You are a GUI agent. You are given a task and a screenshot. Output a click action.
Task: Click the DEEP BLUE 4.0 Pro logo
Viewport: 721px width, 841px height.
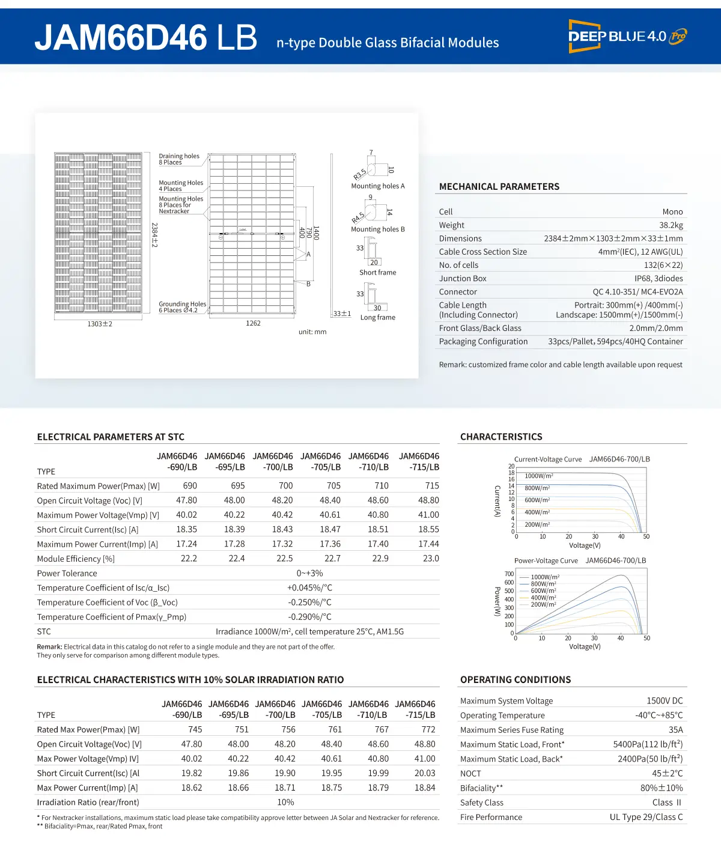(627, 36)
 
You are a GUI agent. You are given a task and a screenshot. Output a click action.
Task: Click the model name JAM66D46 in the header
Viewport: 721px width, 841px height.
(121, 37)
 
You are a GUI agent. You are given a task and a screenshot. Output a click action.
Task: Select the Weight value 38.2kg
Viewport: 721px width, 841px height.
(671, 225)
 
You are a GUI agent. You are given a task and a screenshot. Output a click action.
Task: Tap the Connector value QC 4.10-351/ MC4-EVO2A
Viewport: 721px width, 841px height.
(637, 292)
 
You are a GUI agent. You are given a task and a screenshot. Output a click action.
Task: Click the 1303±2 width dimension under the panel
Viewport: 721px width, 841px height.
(100, 324)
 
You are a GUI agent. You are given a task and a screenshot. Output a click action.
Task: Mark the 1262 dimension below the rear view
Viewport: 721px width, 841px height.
(253, 323)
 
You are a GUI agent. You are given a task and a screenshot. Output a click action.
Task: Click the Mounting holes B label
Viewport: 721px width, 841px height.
(377, 229)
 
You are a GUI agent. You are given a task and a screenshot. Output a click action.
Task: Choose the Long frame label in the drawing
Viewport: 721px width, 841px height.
(377, 317)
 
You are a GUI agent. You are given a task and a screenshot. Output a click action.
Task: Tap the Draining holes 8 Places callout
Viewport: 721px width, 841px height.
(178, 159)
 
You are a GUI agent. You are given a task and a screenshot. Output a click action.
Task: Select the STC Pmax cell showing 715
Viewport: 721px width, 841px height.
(431, 486)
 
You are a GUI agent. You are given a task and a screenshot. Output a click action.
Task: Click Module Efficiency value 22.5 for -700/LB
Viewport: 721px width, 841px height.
(284, 559)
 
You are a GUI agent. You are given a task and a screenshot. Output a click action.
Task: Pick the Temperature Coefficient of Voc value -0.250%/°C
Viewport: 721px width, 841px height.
(309, 603)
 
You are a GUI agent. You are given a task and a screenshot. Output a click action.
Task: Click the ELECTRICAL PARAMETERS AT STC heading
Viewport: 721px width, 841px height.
(111, 437)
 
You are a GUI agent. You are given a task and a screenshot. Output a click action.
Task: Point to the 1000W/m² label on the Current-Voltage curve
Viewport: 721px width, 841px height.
(538, 476)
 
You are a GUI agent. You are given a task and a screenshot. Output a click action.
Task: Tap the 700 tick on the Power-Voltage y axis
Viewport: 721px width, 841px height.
(509, 574)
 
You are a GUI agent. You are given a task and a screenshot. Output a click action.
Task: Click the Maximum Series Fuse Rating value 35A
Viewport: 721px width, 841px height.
(675, 730)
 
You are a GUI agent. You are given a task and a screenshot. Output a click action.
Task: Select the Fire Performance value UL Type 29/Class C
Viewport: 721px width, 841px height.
(646, 817)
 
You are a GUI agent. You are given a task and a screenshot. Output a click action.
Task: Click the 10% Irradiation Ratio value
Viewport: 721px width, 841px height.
(285, 803)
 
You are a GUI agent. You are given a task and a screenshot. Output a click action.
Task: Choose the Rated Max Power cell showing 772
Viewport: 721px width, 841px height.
(428, 730)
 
